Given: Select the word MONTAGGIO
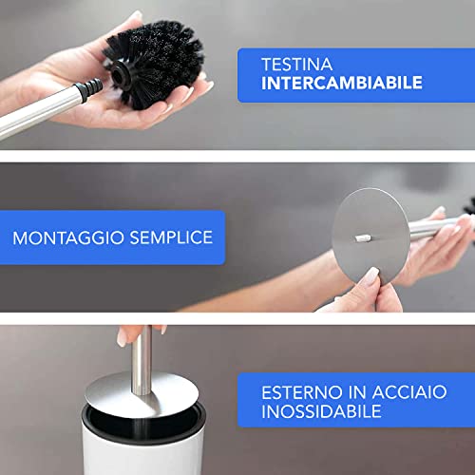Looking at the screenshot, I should click(66, 236).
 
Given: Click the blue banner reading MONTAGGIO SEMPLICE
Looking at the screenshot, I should click(112, 237).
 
